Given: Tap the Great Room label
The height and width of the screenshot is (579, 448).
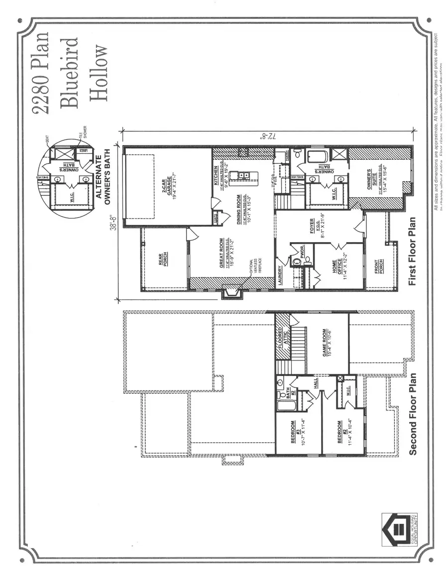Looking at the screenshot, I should tap(221, 253).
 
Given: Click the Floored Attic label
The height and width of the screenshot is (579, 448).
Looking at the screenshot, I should tap(282, 338).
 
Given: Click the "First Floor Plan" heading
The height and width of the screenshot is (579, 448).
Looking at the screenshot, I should tap(412, 258).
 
